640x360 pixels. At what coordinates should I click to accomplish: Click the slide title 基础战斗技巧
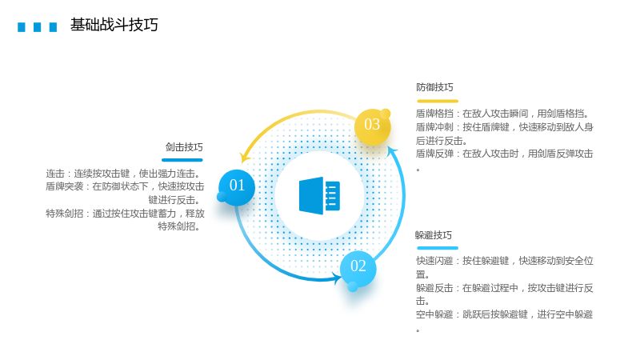114,25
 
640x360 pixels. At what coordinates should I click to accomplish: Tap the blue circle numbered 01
237,187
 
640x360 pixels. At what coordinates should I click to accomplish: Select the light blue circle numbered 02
358,268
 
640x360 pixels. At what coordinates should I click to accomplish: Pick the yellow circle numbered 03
372,126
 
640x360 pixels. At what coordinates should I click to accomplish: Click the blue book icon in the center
319,196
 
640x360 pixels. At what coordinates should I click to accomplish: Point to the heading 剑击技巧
184,147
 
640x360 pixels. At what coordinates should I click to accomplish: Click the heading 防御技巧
434,87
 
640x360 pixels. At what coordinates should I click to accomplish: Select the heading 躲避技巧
434,235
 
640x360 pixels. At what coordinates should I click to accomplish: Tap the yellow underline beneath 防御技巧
438,101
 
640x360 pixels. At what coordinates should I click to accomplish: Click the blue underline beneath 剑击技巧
182,160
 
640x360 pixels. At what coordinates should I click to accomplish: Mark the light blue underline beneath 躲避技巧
438,248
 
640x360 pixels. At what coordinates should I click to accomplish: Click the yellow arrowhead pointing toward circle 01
245,157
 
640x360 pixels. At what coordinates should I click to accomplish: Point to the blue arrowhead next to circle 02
337,278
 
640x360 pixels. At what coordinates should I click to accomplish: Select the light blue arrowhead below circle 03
392,152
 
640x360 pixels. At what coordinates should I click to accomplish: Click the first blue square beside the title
22,27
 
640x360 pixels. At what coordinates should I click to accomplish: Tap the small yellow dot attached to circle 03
386,114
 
